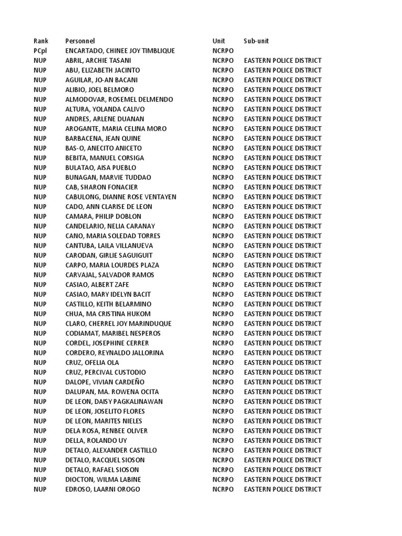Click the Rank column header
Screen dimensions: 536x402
(x=41, y=41)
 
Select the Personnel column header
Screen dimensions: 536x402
(x=80, y=41)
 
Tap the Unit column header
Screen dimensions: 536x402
(x=218, y=41)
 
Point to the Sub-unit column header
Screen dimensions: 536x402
(x=256, y=41)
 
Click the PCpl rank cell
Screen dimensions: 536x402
(x=41, y=51)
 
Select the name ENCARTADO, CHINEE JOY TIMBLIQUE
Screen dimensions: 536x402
(x=120, y=51)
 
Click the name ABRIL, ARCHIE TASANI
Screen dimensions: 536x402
(x=98, y=60)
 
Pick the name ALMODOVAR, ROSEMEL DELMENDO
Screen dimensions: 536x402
(x=119, y=99)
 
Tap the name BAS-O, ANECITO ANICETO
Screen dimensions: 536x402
(x=104, y=148)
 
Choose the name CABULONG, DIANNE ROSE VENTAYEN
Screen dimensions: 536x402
(x=121, y=197)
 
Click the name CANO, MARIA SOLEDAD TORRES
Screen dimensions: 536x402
(x=113, y=236)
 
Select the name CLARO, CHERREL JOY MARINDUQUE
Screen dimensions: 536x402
(x=118, y=323)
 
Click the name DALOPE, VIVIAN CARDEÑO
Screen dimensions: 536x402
(x=105, y=382)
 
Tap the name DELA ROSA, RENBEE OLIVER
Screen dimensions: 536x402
(x=106, y=431)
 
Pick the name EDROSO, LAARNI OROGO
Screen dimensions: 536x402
(x=103, y=489)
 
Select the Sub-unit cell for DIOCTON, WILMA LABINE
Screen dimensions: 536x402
(x=283, y=479)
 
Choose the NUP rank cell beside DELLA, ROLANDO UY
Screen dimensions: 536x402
(x=40, y=441)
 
